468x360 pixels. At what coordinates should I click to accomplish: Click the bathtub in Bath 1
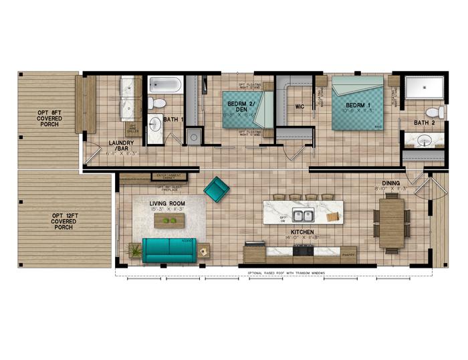(164, 85)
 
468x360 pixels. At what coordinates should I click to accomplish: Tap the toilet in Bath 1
(156, 103)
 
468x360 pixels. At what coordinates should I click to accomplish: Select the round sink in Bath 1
(156, 125)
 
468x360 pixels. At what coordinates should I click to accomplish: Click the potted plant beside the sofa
(134, 251)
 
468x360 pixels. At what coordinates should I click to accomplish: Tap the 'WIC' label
(300, 106)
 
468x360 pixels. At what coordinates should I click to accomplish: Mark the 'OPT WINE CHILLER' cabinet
(132, 129)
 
